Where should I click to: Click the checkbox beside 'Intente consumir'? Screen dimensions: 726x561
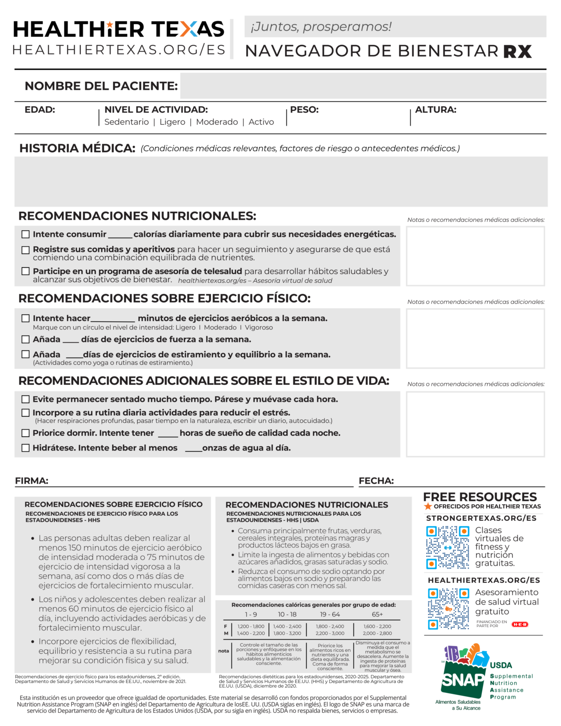[x=26, y=234]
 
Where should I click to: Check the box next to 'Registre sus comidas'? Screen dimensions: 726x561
[x=26, y=250]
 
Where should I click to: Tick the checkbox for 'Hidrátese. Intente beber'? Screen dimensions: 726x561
[x=26, y=448]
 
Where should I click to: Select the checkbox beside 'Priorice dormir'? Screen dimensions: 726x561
[x=26, y=433]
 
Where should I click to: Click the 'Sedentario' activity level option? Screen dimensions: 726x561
[x=126, y=122]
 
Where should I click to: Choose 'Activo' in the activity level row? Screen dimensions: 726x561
[x=261, y=122]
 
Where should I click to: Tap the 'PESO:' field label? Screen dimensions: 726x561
[x=304, y=110]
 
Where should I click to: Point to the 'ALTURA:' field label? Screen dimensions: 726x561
[x=435, y=110]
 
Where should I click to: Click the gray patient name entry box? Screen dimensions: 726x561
[x=362, y=86]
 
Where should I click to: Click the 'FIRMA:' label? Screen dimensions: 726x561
[x=31, y=481]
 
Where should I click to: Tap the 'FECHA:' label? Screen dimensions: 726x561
[x=376, y=481]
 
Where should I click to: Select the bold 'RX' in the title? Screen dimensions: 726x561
[x=517, y=51]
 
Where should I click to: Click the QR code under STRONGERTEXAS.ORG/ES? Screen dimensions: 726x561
[x=447, y=547]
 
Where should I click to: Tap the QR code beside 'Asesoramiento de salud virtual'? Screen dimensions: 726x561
[x=449, y=609]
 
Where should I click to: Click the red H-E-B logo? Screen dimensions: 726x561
[x=520, y=624]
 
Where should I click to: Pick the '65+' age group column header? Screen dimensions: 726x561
[x=377, y=614]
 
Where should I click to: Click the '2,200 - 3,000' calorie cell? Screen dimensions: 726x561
[x=330, y=633]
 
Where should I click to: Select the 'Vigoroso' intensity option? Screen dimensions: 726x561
[x=259, y=328]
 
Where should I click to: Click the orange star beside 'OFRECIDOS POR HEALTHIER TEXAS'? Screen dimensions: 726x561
[x=428, y=507]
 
